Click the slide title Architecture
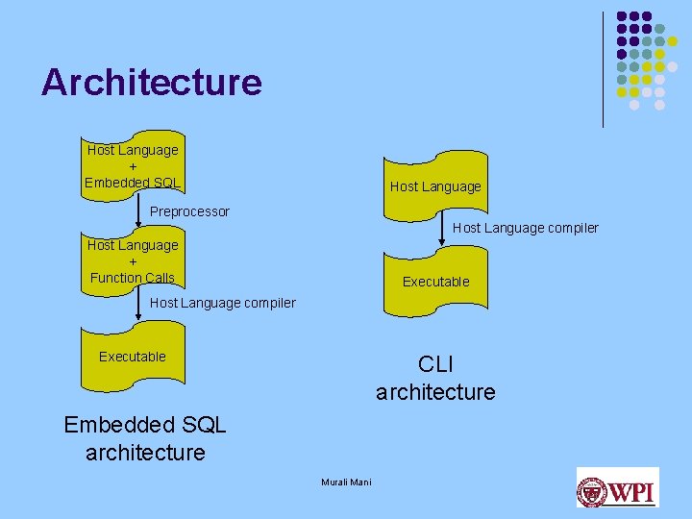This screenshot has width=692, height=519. [x=151, y=82]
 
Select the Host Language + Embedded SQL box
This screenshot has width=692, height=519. [x=133, y=165]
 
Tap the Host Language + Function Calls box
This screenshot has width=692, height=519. [x=133, y=261]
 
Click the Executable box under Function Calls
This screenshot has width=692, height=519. [x=133, y=357]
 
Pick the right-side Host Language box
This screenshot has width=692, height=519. [x=435, y=183]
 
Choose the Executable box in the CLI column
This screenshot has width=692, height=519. [x=435, y=282]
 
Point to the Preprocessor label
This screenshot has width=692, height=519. [x=190, y=211]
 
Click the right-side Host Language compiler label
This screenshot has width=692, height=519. [x=525, y=228]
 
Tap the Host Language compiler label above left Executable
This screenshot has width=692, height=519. [x=223, y=303]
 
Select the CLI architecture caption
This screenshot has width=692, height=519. [x=435, y=379]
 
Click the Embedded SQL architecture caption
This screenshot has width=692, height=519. [x=145, y=438]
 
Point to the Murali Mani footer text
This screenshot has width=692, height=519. [x=346, y=482]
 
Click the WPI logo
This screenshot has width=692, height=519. [x=617, y=488]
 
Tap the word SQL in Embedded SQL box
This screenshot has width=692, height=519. [x=164, y=183]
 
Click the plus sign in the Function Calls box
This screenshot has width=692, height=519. [x=133, y=261]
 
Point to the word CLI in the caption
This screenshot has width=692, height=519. [x=435, y=365]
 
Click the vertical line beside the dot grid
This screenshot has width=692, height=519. [x=604, y=69]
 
